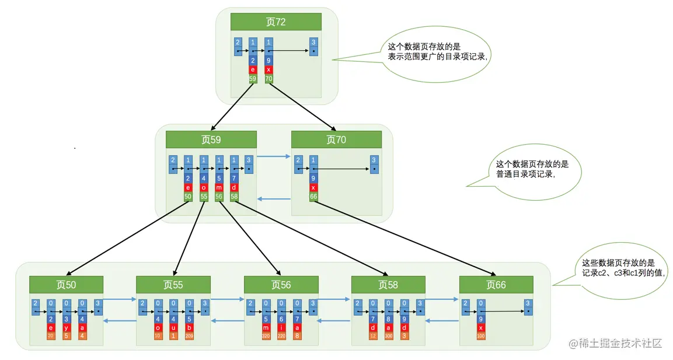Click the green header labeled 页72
click(276, 22)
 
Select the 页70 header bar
click(336, 139)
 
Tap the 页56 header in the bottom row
click(281, 285)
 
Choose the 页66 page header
click(496, 285)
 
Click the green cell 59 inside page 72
click(253, 78)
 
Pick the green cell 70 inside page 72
click(268, 78)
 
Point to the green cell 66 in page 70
click(313, 197)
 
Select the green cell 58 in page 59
click(234, 197)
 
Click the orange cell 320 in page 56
click(266, 335)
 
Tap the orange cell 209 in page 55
click(189, 335)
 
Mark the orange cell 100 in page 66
click(481, 335)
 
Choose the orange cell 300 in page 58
click(389, 335)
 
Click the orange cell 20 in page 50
click(51, 335)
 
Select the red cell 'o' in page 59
click(204, 187)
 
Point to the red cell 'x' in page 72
click(268, 69)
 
